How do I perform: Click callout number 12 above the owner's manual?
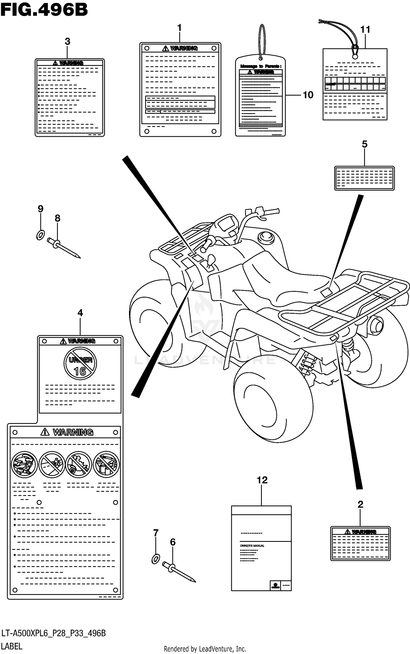[x=262, y=480]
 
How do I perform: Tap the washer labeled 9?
[x=40, y=235]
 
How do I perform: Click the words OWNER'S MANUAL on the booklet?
[x=252, y=546]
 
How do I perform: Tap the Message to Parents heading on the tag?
[x=260, y=66]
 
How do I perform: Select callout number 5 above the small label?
[x=365, y=144]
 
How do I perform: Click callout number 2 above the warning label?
[x=360, y=504]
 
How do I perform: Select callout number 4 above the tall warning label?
[x=80, y=313]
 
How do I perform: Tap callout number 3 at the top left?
[x=68, y=41]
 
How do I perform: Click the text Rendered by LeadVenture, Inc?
[x=205, y=649]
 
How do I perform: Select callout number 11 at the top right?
[x=365, y=29]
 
